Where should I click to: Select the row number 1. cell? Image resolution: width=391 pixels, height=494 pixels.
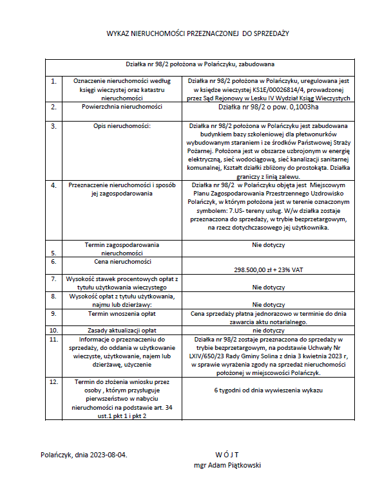coord(53,82)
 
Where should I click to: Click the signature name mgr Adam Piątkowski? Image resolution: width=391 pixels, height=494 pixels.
coord(227,465)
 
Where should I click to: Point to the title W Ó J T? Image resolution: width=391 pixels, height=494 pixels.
coord(227,454)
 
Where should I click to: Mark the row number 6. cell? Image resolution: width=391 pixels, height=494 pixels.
coord(53,262)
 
